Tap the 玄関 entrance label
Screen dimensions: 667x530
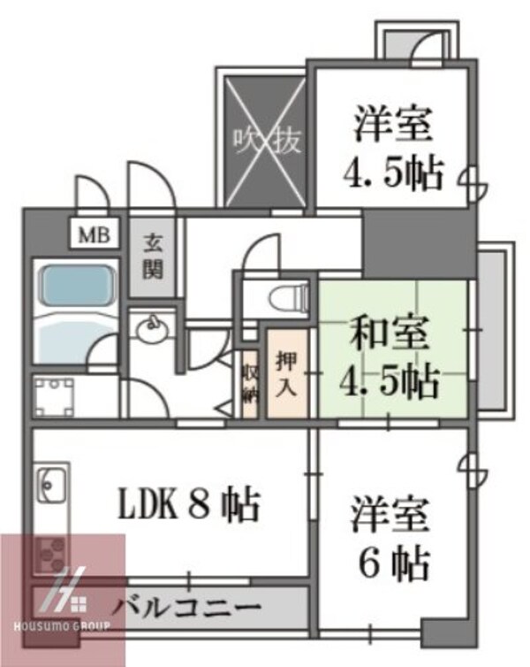pos(155,255)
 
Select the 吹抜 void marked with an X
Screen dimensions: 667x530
pos(265,140)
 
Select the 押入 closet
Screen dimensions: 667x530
pos(287,372)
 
